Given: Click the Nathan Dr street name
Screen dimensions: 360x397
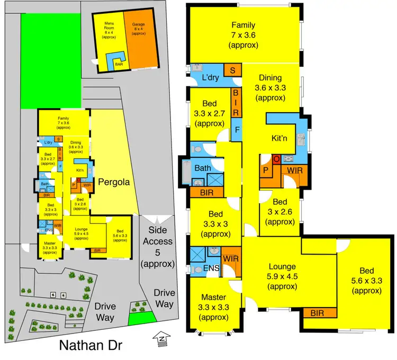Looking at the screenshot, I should (90, 347).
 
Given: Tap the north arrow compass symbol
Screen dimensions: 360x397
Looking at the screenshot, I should (159, 337).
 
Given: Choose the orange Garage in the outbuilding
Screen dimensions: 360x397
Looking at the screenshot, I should (140, 42).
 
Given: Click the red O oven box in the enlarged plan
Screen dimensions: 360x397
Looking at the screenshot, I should (276, 159).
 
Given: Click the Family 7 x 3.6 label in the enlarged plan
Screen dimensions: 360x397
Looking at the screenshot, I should (243, 35).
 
